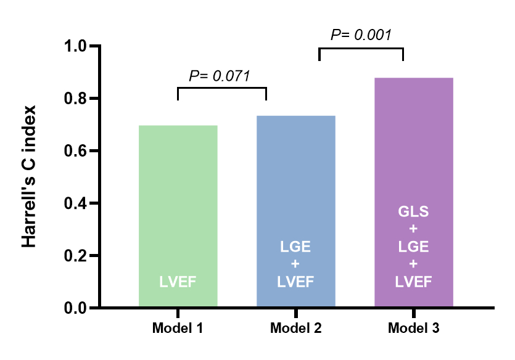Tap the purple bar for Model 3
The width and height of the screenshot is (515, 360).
[x=414, y=154]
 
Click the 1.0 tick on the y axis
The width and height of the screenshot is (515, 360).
[x=78, y=47]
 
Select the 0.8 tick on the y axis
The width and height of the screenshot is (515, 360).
[x=78, y=99]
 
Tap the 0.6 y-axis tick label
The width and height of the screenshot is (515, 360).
[x=78, y=151]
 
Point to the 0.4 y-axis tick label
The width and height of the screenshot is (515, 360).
[x=78, y=203]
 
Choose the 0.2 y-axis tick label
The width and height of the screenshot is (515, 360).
[x=78, y=256]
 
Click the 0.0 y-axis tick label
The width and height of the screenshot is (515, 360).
[x=78, y=308]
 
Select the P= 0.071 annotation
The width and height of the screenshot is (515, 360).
[x=219, y=76]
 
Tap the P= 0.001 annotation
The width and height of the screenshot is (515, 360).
[x=361, y=35]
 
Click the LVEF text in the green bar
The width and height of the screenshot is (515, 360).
[x=178, y=282]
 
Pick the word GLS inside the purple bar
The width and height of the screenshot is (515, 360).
[x=414, y=211]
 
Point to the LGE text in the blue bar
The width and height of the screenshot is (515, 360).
[x=295, y=247]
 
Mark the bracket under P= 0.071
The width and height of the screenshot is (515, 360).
[x=221, y=89]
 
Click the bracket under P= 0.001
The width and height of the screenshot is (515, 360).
[x=361, y=49]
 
